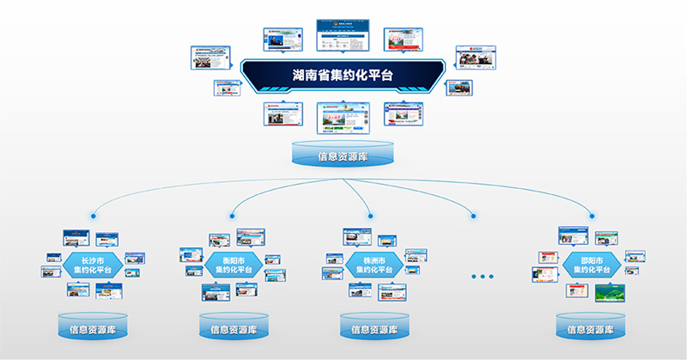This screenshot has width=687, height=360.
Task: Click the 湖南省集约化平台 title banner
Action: pos(343,75)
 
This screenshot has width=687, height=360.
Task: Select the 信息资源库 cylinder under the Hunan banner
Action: pos(343,154)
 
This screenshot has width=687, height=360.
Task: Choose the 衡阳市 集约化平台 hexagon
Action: pos(233,265)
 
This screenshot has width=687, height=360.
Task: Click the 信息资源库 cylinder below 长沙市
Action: pos(93,326)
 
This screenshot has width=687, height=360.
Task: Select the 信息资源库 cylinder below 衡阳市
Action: pos(234,326)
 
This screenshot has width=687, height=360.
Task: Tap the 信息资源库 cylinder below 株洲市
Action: pos(374,326)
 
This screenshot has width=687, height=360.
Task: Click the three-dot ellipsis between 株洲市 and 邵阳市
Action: pos(483,277)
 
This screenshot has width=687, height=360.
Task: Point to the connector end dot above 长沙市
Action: pos(93,216)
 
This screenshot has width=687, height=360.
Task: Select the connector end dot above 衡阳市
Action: pos(233,216)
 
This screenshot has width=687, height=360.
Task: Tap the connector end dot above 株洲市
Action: pos(371,216)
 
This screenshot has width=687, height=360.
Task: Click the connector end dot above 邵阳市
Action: pos(591,216)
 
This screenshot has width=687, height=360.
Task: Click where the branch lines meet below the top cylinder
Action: pos(343,180)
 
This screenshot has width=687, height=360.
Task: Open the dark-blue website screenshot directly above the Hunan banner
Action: pos(343,34)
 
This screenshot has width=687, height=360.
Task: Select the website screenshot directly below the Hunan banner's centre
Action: pos(343,119)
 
